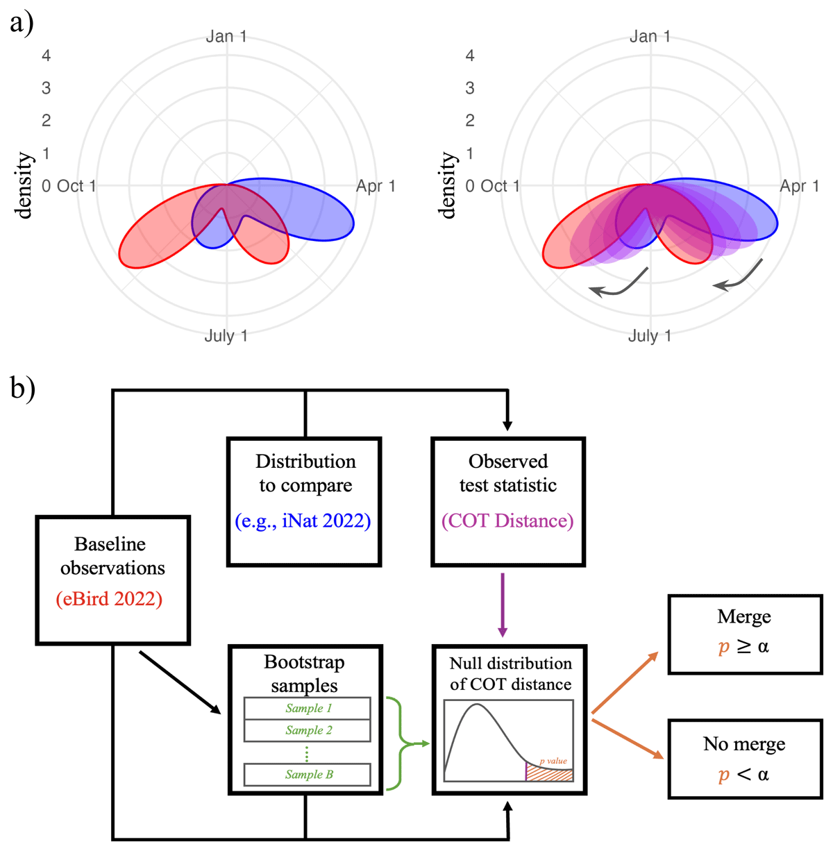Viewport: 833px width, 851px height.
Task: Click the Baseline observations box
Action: pos(112,580)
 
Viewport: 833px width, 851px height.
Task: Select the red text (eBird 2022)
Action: pos(110,599)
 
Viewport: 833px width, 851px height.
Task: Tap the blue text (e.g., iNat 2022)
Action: pos(303,521)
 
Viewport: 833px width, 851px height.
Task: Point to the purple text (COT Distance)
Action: pos(507,521)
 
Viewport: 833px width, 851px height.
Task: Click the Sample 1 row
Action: pos(308,709)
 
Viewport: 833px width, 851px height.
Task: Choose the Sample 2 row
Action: pos(308,730)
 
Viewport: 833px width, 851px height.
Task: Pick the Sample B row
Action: pos(308,775)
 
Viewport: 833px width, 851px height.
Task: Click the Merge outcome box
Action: pos(744,634)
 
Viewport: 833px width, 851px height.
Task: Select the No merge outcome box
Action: pos(744,759)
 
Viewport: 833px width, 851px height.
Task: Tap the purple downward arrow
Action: pos(503,604)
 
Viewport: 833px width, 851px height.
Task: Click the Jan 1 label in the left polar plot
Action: pos(226,37)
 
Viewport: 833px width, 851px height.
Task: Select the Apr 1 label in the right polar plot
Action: pos(799,186)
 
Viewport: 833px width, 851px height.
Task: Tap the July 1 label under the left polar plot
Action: pos(226,337)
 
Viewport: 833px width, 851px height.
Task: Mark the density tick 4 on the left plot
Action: pos(47,56)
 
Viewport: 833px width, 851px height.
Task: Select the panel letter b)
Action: pos(22,387)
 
